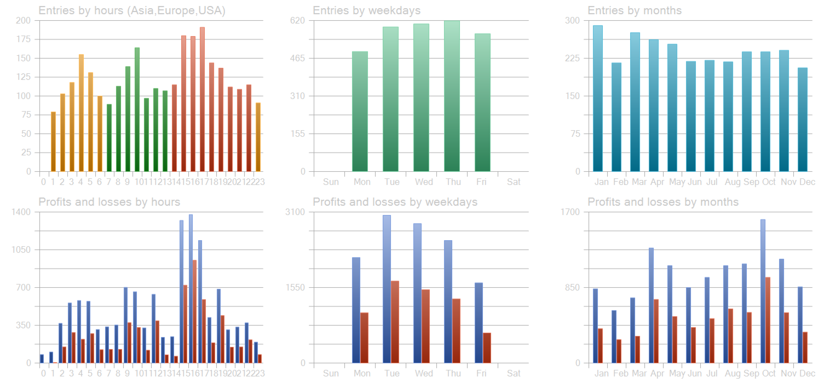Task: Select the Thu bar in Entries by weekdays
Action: [x=452, y=96]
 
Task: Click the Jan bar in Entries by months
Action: [x=598, y=98]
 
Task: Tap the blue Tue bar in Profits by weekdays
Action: [x=387, y=289]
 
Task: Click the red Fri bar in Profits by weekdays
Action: [x=487, y=347]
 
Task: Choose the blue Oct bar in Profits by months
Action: [x=763, y=291]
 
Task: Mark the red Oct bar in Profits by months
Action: [x=768, y=320]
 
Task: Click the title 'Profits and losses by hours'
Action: [x=109, y=202]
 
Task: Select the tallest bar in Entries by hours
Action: [x=202, y=99]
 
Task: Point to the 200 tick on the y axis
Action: [x=24, y=21]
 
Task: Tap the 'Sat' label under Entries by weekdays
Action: [x=514, y=182]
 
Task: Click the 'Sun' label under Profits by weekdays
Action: [x=331, y=374]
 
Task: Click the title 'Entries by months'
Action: [x=635, y=10]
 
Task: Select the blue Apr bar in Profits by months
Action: [x=651, y=305]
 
